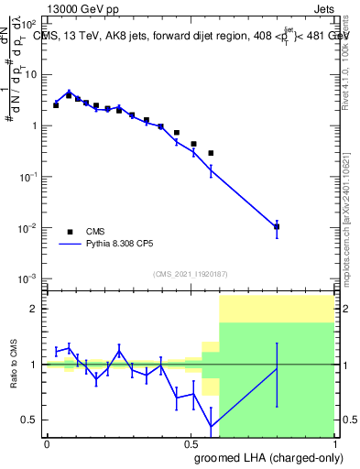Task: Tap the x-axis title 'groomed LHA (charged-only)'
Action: [272, 457]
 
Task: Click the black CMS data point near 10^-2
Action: [277, 226]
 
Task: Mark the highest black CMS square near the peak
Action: [69, 95]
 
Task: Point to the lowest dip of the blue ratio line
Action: [212, 426]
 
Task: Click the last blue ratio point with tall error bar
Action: [277, 368]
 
